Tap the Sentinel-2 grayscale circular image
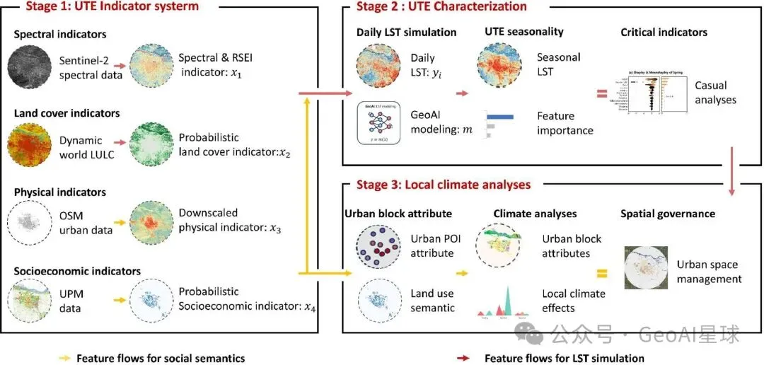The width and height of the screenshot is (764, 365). [27, 65]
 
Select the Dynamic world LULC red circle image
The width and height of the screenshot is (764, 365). [27, 144]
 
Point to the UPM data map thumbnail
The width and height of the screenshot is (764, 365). [27, 301]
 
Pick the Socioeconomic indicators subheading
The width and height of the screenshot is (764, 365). [76, 272]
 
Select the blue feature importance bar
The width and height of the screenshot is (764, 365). [499, 116]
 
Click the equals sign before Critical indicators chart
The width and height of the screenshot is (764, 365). [601, 93]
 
